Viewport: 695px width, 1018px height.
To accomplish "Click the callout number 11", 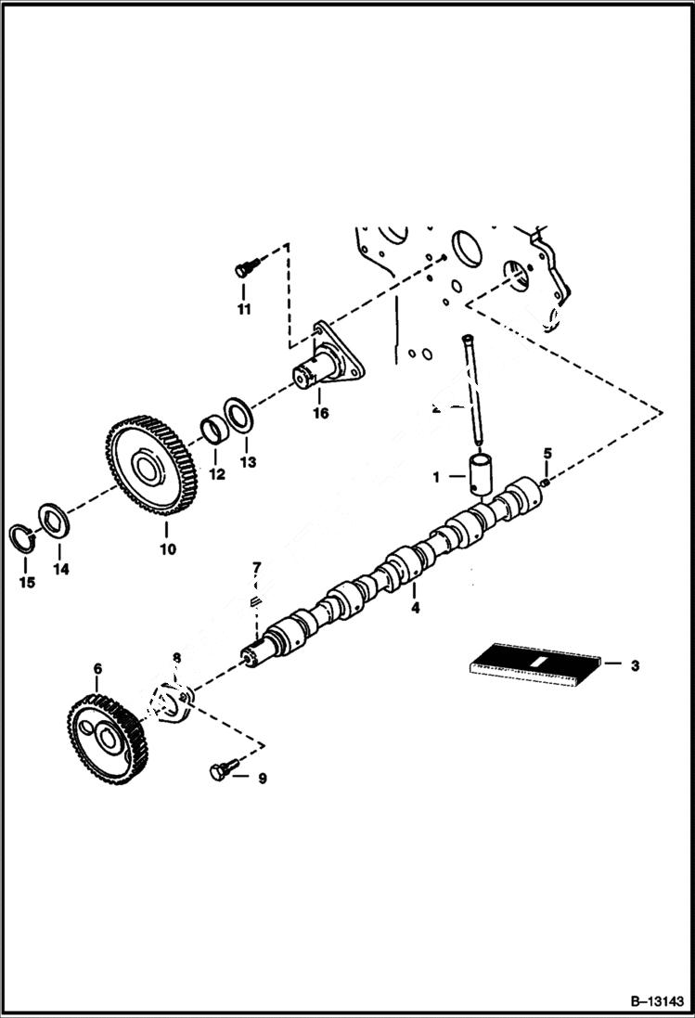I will pos(243,310).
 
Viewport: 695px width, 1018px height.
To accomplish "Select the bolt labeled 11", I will pos(243,269).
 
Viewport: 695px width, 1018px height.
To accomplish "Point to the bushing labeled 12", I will pos(215,432).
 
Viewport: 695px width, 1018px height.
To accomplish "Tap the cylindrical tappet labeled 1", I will pos(483,474).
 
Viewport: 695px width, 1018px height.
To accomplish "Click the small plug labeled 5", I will pos(547,480).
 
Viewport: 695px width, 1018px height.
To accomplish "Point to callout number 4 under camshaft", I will pos(415,608).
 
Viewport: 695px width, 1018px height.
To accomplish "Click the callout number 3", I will pos(634,665).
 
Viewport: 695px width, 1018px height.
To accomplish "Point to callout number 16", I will pos(320,413).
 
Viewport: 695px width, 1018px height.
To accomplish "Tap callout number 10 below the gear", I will pos(167,548).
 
